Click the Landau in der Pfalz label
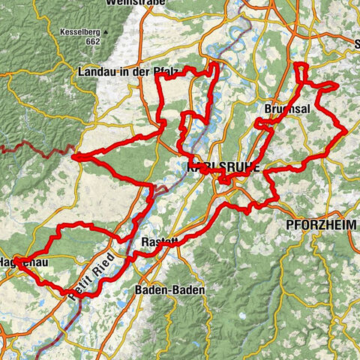127,72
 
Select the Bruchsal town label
283,109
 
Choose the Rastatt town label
160,242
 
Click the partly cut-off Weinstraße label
135,3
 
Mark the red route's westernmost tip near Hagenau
15,260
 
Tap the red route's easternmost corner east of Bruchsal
345,131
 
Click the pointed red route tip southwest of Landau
73,156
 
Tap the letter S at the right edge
355,45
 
